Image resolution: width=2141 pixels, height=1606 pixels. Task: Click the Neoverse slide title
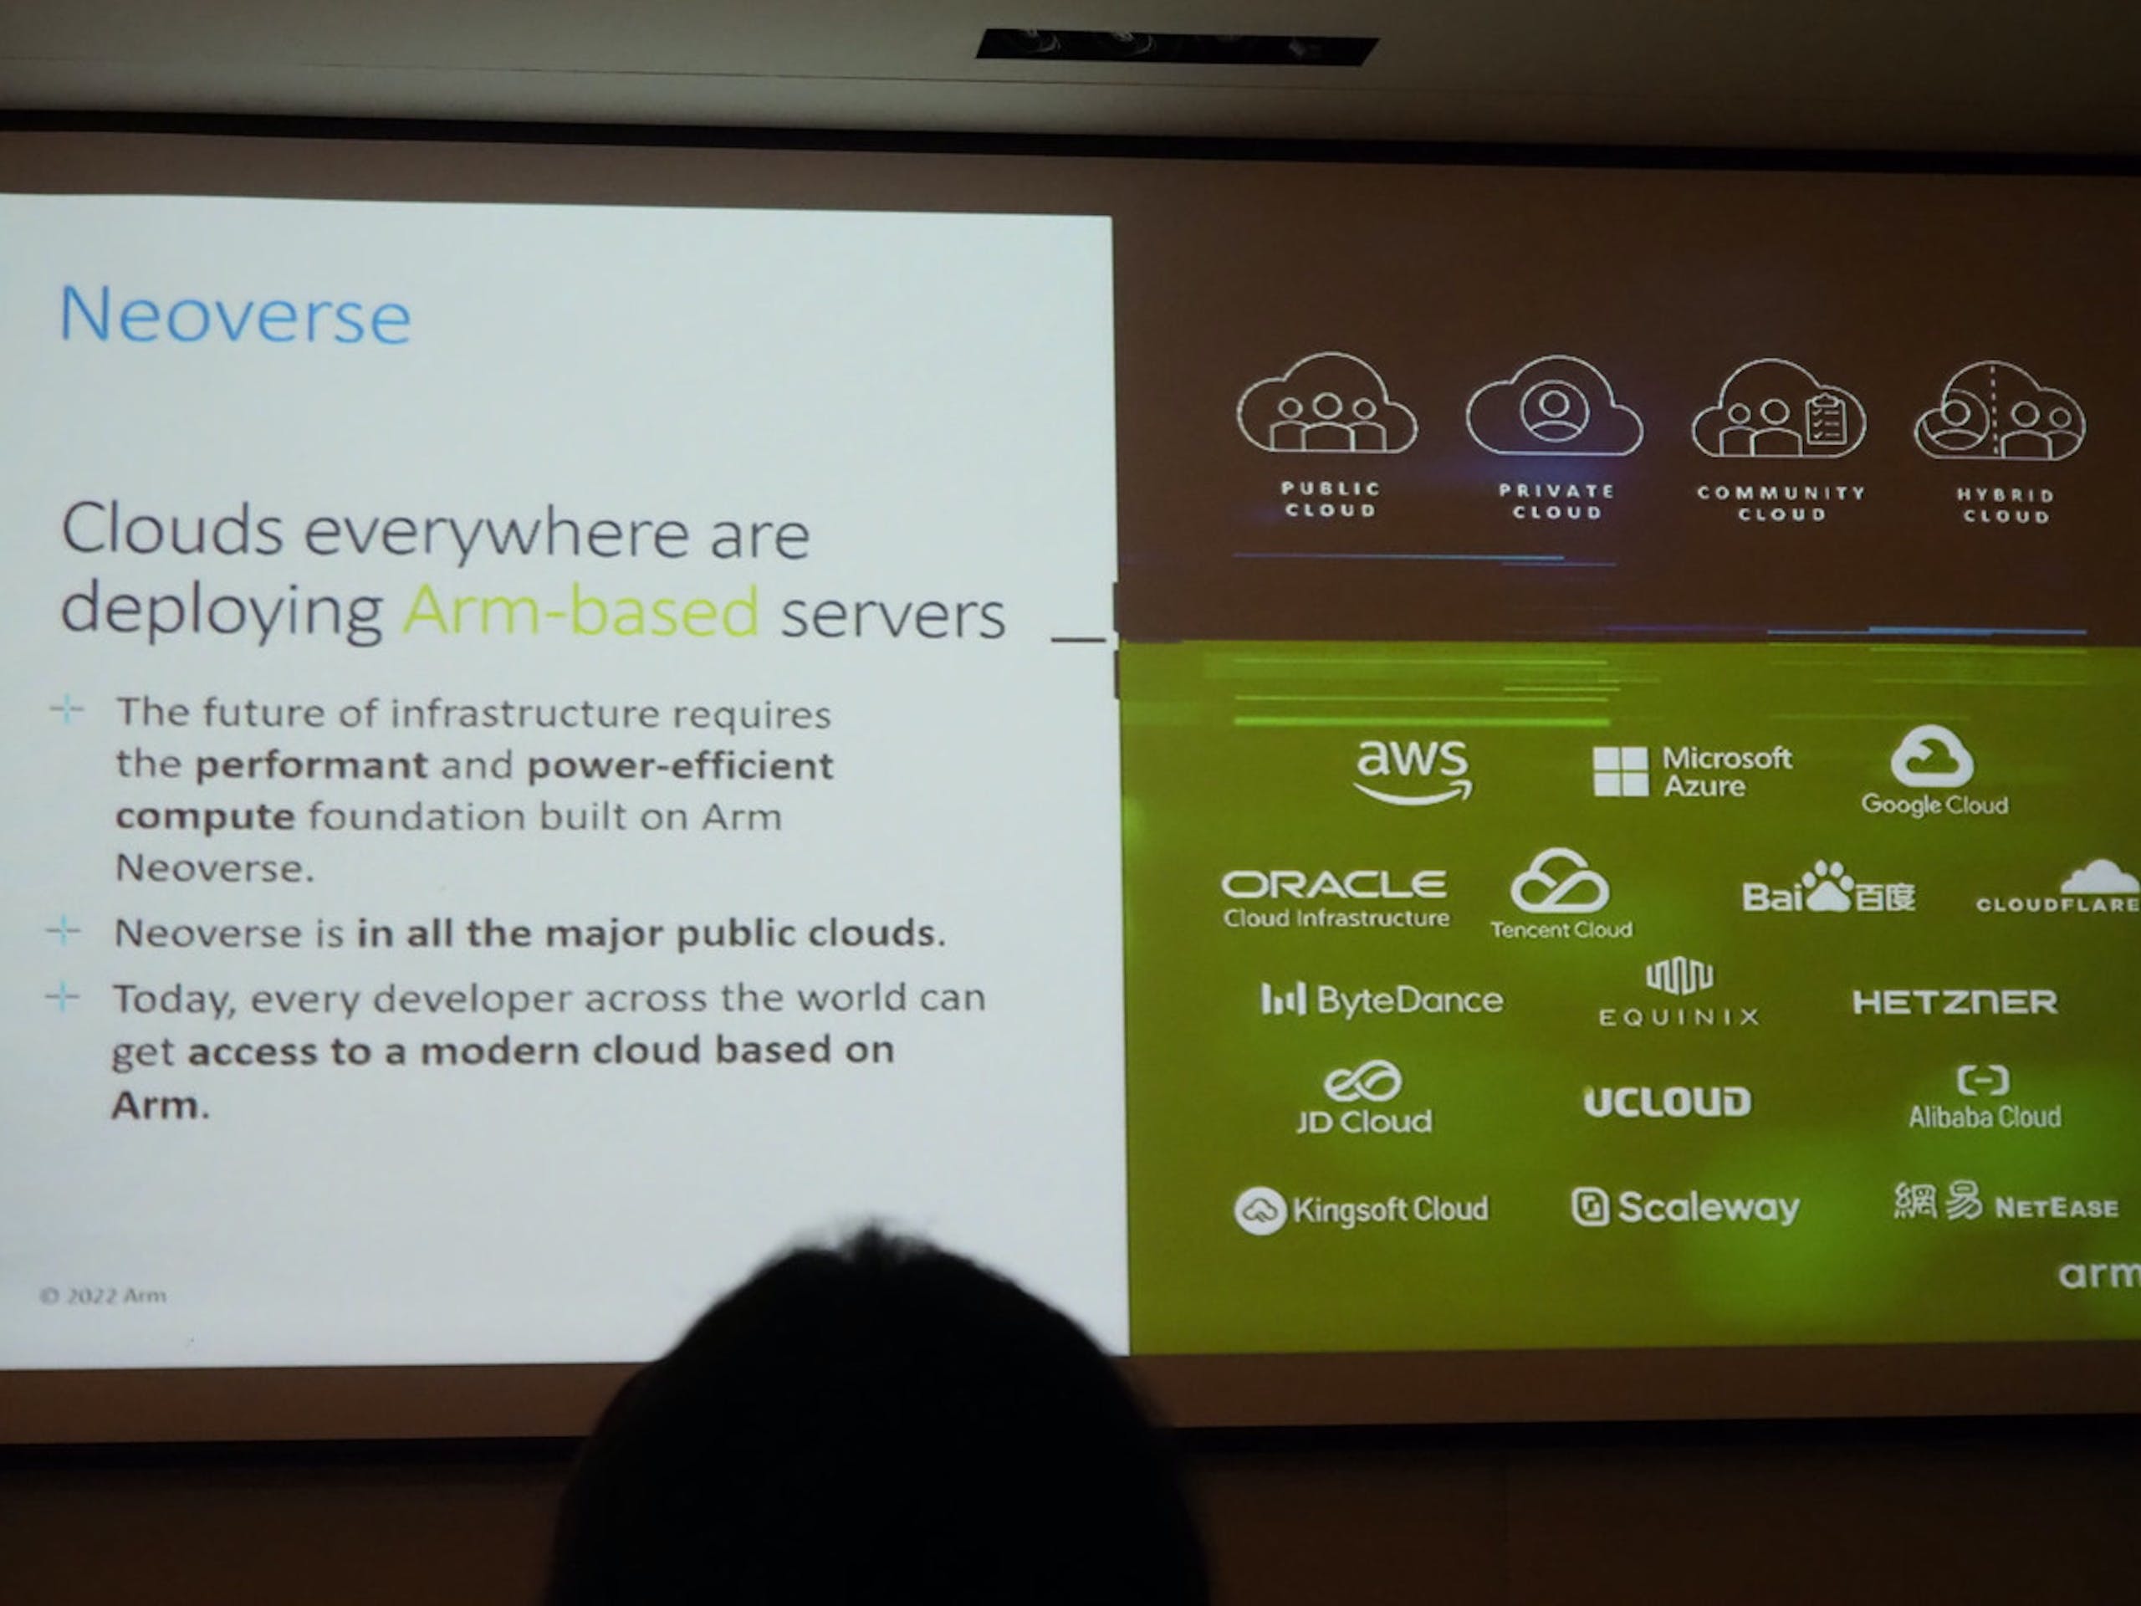click(x=235, y=315)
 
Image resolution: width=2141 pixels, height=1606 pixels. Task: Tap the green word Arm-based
click(x=580, y=611)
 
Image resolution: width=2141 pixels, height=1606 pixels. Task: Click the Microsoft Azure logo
click(x=1692, y=771)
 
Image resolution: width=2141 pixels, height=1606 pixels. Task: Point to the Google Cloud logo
click(x=1934, y=771)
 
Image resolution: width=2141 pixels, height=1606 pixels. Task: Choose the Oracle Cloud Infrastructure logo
click(x=1335, y=899)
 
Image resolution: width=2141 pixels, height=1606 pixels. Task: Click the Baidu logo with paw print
click(x=1828, y=887)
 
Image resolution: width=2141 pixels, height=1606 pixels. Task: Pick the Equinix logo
click(x=1679, y=992)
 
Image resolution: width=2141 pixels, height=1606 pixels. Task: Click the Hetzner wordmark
click(x=1954, y=1002)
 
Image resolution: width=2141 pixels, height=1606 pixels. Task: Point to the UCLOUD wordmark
click(x=1667, y=1101)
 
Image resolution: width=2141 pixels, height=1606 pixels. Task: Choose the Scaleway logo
click(x=1684, y=1207)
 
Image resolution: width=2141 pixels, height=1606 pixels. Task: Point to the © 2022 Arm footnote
click(x=103, y=1295)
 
